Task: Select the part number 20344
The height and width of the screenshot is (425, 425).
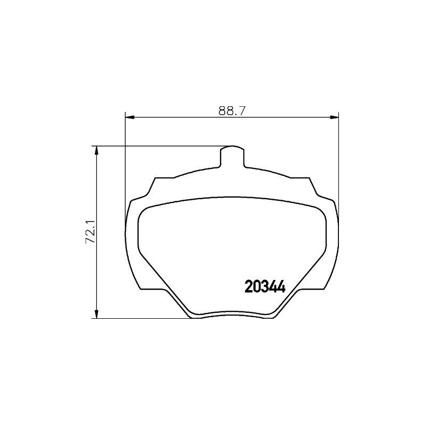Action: pyautogui.click(x=265, y=287)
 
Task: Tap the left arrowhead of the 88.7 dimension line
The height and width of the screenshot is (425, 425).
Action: pyautogui.click(x=128, y=116)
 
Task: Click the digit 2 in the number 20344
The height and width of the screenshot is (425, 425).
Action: pyautogui.click(x=248, y=287)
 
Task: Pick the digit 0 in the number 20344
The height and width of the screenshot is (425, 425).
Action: pyautogui.click(x=256, y=287)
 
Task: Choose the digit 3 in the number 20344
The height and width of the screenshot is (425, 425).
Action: pyautogui.click(x=265, y=287)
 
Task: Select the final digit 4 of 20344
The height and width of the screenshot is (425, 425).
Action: pyautogui.click(x=282, y=287)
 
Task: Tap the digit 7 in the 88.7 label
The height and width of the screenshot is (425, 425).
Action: pyautogui.click(x=246, y=110)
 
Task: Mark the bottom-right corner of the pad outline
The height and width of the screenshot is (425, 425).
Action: pyautogui.click(x=272, y=317)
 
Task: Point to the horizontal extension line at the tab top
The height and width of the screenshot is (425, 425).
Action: pyautogui.click(x=159, y=146)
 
